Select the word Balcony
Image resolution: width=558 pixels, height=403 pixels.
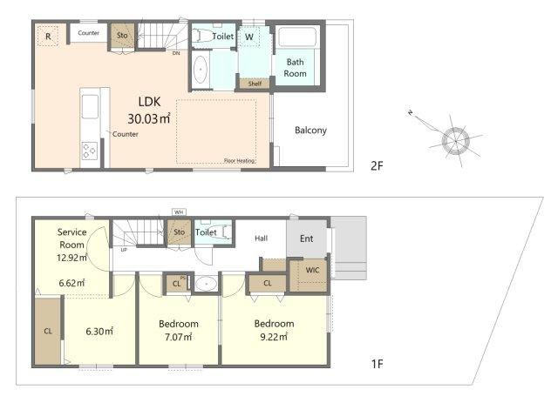tap(310, 131)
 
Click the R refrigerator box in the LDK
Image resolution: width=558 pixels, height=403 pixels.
tap(49, 36)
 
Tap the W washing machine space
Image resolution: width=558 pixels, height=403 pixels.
tap(249, 38)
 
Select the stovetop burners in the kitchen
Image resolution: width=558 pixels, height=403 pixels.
tap(89, 150)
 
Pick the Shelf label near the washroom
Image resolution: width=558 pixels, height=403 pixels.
tap(255, 84)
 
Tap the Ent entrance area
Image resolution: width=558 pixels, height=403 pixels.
tap(307, 238)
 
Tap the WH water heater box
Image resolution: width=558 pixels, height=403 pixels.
tap(180, 212)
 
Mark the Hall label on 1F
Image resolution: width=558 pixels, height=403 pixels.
tap(261, 237)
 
